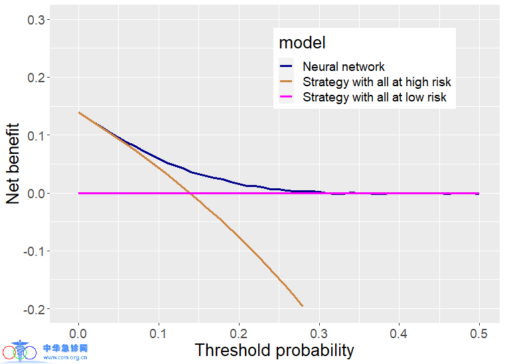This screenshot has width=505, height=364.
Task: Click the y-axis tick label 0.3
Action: click(x=35, y=21)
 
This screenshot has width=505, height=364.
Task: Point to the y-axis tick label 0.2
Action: click(x=35, y=78)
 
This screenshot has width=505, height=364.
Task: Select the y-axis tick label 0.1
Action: click(x=35, y=136)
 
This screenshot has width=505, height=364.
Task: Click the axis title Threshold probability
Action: click(x=274, y=350)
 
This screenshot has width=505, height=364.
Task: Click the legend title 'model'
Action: click(x=302, y=43)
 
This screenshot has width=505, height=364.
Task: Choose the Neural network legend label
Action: click(x=343, y=66)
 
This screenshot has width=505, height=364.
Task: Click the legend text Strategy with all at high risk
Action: click(x=376, y=82)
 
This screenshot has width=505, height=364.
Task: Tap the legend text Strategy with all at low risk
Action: click(x=374, y=97)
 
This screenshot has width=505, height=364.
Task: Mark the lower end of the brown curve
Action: click(x=303, y=306)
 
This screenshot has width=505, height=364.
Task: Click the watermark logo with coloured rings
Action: click(x=20, y=351)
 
